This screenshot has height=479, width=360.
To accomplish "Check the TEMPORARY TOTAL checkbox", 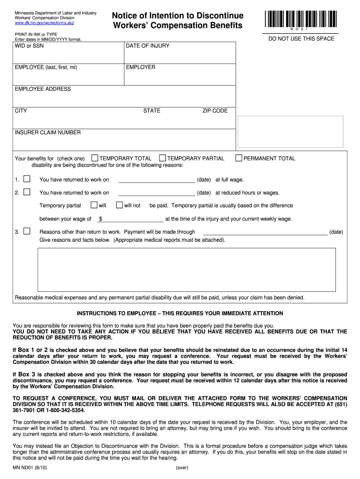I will tap(95, 158).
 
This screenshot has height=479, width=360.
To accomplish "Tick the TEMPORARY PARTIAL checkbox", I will tap(163, 158).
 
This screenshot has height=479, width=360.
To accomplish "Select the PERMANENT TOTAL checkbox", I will tap(238, 158).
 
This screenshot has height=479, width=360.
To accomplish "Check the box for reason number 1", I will tap(27, 179).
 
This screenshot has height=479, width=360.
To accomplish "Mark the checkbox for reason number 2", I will tap(27, 192).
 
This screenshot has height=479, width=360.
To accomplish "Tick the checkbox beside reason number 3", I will tap(27, 231).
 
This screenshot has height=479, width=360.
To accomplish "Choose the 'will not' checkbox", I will tap(119, 205).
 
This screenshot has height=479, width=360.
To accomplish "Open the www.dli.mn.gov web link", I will tap(44, 22).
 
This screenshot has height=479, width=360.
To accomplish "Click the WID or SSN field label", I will tap(29, 46).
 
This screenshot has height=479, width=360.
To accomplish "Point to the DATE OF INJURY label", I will tap(148, 46).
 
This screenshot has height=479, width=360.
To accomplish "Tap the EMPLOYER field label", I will tap(141, 67).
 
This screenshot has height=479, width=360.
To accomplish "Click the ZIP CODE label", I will tap(215, 111).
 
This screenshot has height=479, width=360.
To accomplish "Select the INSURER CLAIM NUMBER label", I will tap(48, 132).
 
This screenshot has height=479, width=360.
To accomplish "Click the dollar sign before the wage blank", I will tap(101, 218).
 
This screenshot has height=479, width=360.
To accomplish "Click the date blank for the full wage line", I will tap(157, 180).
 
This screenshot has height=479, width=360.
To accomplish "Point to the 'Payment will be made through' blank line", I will tap(265, 232).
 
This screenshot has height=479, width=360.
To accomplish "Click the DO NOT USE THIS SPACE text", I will tap(301, 39).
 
